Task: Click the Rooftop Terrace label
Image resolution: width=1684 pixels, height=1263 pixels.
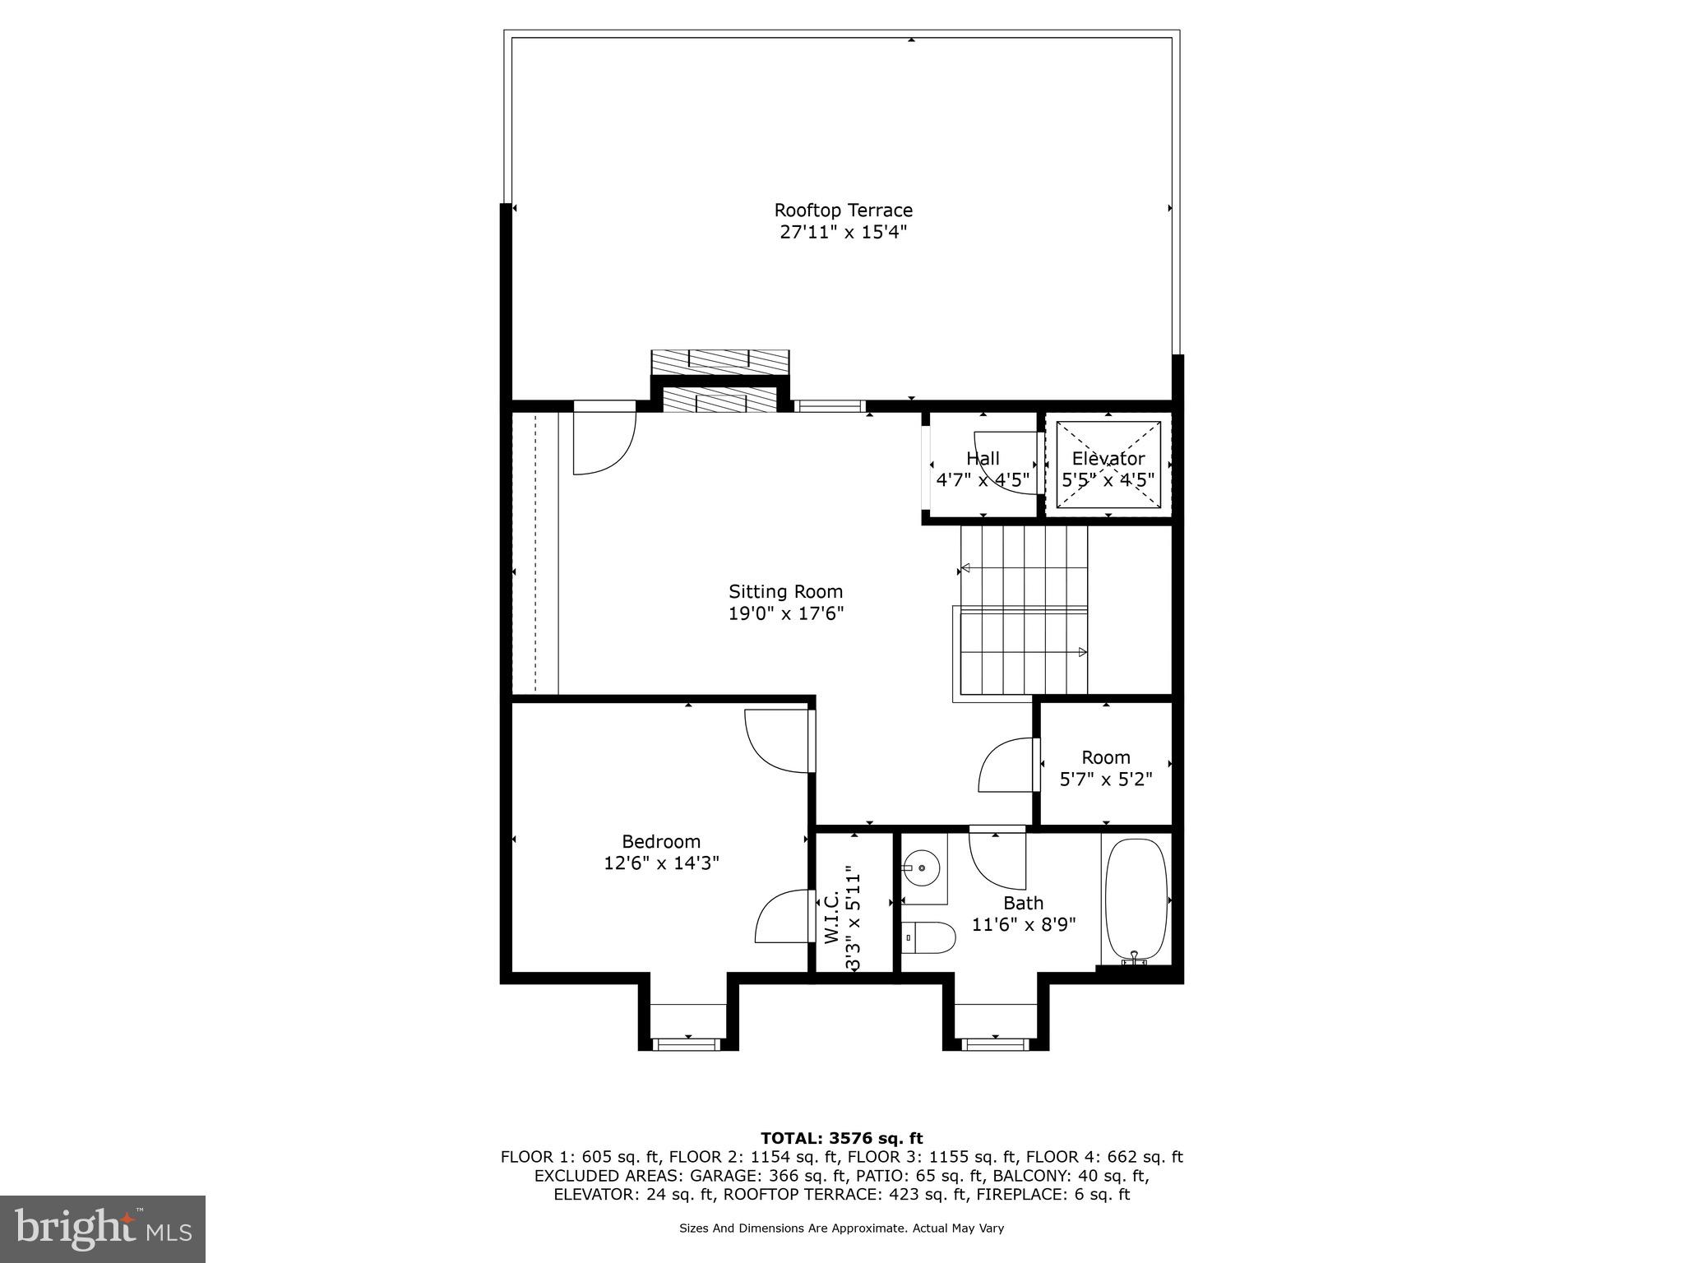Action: click(x=843, y=210)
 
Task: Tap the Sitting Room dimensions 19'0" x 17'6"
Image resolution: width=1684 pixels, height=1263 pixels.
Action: click(x=785, y=613)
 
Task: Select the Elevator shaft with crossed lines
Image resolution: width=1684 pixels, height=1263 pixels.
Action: click(x=1108, y=466)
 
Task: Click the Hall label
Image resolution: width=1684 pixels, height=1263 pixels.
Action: click(x=983, y=459)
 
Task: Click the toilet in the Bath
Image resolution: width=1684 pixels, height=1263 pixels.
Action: click(x=929, y=937)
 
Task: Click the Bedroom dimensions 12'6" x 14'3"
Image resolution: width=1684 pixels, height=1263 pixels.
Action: click(x=661, y=863)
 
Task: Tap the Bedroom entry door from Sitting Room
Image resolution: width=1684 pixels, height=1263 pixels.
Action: click(x=777, y=740)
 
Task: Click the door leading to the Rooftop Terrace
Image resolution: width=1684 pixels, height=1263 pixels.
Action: click(x=604, y=440)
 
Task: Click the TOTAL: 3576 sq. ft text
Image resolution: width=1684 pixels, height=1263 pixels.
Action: click(x=841, y=1139)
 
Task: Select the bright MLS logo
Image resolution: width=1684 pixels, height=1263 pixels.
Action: click(x=103, y=1228)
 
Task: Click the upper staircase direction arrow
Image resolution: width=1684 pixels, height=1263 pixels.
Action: click(x=966, y=568)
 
